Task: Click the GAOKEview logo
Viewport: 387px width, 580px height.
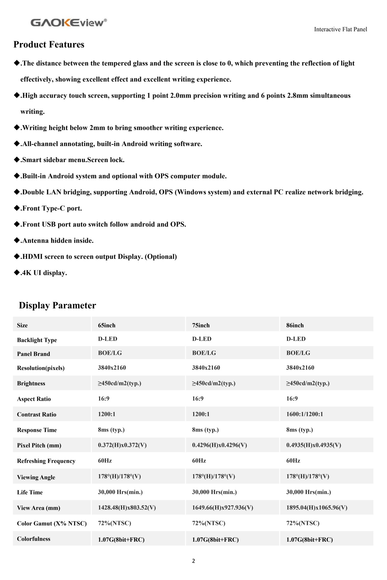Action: point(69,23)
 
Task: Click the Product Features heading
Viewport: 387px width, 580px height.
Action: point(49,44)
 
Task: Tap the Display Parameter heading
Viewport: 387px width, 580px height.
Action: point(57,305)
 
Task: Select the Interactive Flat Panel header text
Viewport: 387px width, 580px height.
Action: point(341,29)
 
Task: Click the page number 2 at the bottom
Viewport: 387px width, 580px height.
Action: point(193,561)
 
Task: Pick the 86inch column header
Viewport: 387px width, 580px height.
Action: point(295,325)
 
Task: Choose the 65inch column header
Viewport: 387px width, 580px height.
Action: point(107,325)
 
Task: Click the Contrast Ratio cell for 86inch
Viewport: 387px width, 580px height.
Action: point(304,414)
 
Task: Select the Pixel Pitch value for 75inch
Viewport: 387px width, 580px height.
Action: point(219,445)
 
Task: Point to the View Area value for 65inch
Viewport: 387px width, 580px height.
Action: point(127,508)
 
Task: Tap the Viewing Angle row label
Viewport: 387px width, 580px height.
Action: point(36,477)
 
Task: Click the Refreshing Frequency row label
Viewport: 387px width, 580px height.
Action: point(46,461)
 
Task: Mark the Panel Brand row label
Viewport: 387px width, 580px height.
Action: point(34,354)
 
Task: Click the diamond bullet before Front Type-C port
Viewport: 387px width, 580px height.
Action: point(17,208)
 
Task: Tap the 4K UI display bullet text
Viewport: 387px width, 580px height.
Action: point(44,273)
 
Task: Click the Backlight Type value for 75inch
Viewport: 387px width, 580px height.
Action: point(202,339)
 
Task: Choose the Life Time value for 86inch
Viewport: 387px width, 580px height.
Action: point(309,492)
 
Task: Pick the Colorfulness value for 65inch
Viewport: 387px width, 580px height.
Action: point(121,539)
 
